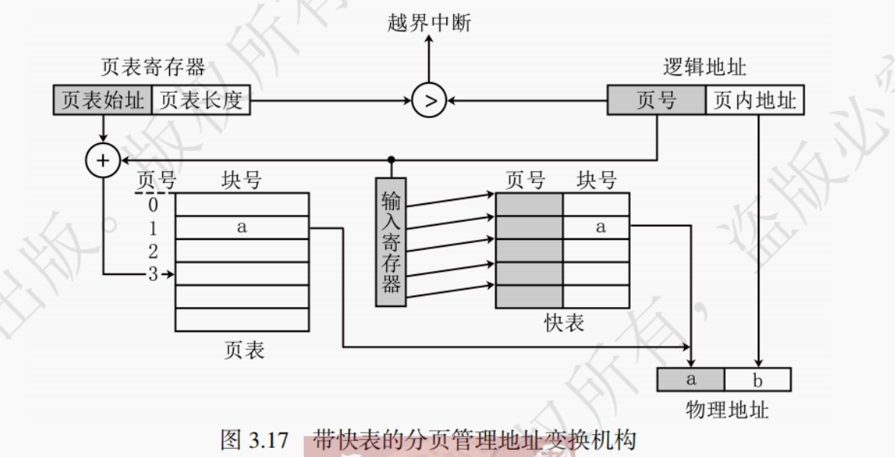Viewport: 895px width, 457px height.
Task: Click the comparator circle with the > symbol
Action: click(429, 101)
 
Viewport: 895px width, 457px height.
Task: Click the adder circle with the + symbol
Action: click(104, 160)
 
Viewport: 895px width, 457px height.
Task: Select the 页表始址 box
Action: click(103, 101)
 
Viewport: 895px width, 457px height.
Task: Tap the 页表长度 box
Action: click(201, 101)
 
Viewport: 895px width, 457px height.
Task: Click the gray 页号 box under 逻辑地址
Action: click(656, 101)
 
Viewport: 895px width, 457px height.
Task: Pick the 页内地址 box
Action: click(755, 101)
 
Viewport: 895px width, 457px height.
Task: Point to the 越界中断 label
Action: click(429, 23)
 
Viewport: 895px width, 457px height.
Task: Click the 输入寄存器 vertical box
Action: click(391, 242)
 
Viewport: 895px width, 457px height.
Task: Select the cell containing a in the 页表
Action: click(241, 227)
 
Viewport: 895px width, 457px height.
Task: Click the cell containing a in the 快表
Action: click(596, 227)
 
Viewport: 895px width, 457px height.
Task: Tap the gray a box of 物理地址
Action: click(691, 379)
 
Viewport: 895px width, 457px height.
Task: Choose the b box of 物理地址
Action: click(758, 379)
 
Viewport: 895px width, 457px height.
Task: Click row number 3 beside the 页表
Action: click(153, 274)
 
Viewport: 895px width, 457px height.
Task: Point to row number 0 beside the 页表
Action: click(153, 205)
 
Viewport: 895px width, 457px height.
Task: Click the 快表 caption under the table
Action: click(564, 323)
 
